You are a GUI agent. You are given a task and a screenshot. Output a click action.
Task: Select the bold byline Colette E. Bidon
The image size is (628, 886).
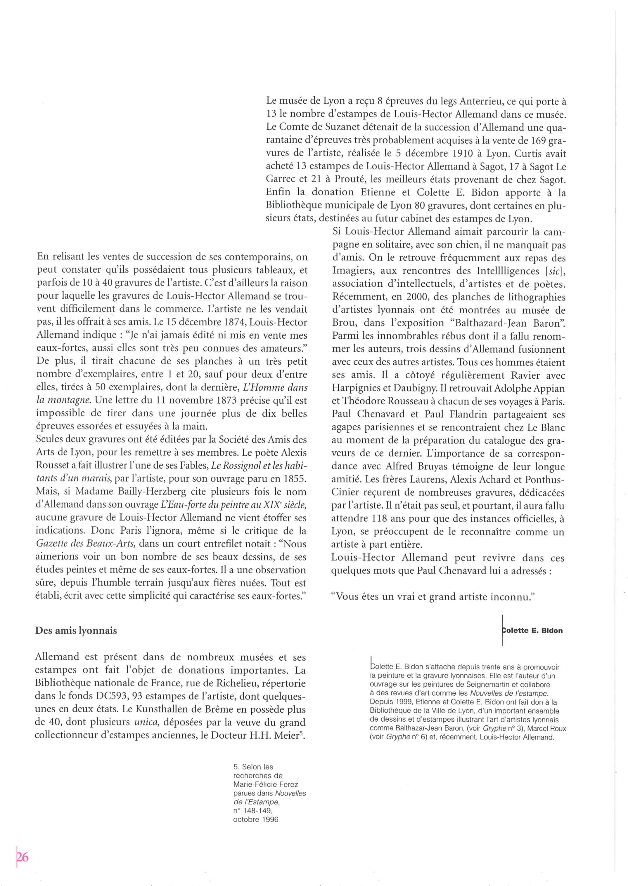(532, 631)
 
